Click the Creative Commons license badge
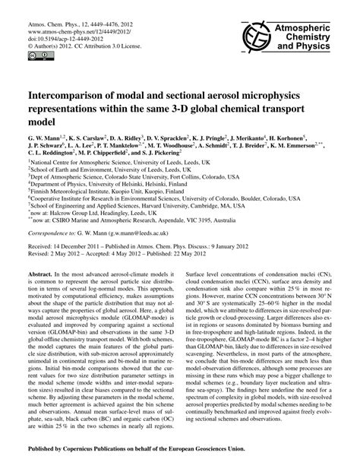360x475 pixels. pos(36,55)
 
